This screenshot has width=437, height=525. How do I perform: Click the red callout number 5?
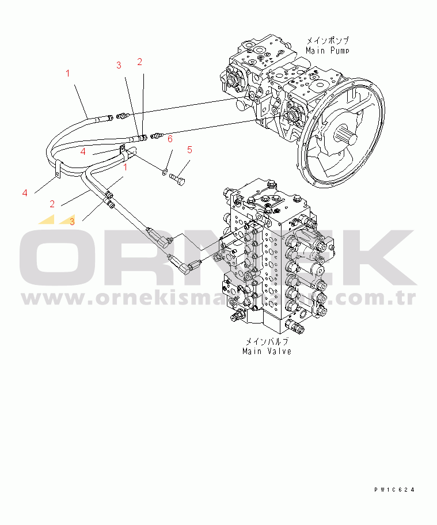tap(189, 150)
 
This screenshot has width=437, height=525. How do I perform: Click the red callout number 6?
tap(170, 139)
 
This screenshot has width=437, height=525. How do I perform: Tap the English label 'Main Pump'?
tap(328, 51)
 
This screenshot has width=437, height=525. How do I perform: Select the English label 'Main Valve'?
tap(267, 351)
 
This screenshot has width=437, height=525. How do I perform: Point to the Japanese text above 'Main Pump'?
tap(328, 41)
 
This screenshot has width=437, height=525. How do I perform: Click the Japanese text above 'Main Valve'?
tap(267, 341)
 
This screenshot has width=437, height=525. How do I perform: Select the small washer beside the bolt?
tap(165, 171)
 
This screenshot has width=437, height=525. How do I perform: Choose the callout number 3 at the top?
tap(119, 65)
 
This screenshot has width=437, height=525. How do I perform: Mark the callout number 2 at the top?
tap(139, 62)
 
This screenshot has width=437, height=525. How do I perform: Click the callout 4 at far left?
tap(25, 193)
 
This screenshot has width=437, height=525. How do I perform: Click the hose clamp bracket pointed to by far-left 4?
tap(59, 171)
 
